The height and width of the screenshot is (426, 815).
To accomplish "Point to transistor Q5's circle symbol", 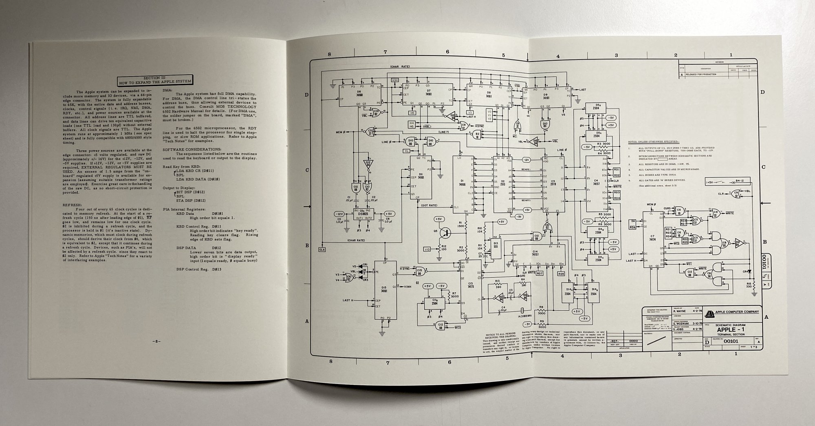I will [x=447, y=233].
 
